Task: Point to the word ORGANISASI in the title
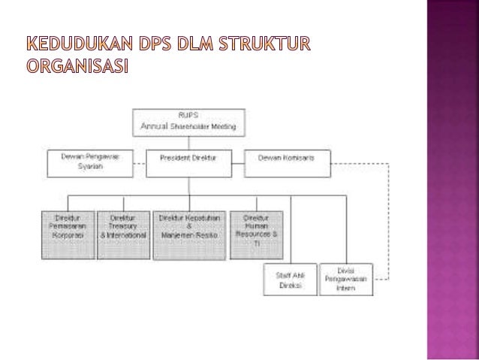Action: pyautogui.click(x=78, y=68)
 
